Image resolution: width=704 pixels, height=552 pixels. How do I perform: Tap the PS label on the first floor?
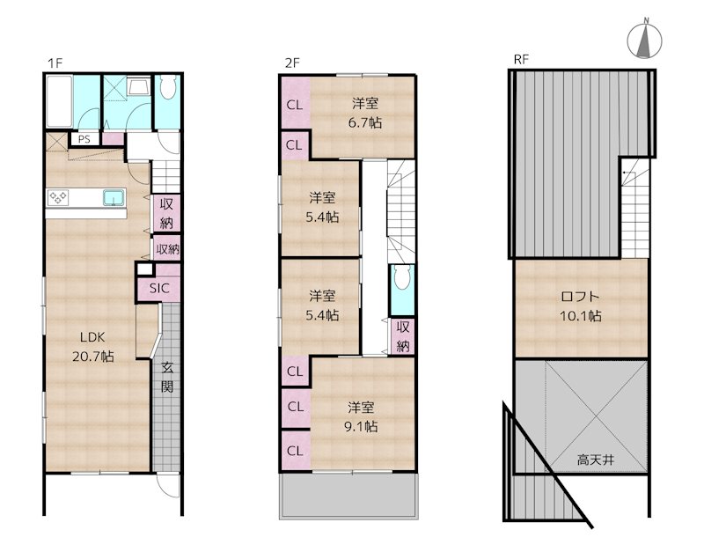84,139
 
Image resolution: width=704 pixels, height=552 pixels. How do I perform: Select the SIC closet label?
159,289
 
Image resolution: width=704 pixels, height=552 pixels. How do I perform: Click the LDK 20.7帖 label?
93,347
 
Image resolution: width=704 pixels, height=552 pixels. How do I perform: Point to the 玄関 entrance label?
167,377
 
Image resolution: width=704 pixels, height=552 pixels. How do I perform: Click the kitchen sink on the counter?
114,197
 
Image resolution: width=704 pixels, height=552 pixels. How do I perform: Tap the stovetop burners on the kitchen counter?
58,197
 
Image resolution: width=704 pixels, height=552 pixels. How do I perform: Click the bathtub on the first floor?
59,101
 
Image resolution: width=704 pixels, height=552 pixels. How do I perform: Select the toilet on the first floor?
167,87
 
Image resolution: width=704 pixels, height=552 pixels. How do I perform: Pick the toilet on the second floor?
402,276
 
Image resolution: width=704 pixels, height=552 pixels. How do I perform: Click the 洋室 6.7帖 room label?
365,113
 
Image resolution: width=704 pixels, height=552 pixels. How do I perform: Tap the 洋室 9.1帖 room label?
361,416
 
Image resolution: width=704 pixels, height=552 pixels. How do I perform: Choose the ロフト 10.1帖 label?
581,305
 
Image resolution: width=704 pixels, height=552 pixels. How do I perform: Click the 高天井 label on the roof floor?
596,460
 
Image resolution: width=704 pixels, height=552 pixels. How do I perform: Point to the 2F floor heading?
292,63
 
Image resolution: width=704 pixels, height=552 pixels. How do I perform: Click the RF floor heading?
521,59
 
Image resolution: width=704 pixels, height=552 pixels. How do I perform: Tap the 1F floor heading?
55,63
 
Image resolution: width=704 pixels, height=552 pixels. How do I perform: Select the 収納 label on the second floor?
403,336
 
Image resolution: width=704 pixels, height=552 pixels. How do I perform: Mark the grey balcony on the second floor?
348,496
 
